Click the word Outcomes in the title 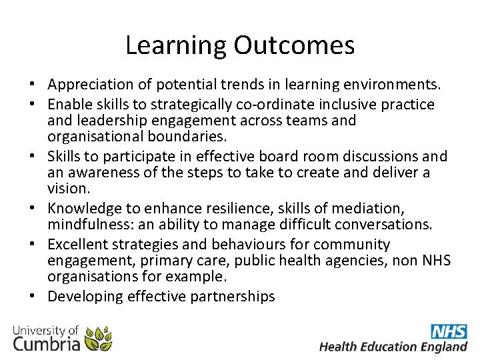(294, 45)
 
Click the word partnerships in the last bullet (233, 297)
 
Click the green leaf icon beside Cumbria (99, 339)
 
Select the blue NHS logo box (449, 331)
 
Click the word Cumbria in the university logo (46, 343)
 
